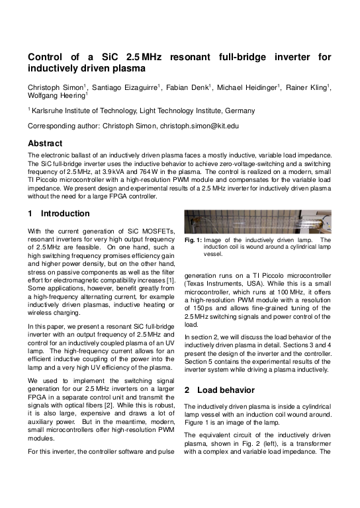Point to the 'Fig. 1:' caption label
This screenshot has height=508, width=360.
click(193, 239)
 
